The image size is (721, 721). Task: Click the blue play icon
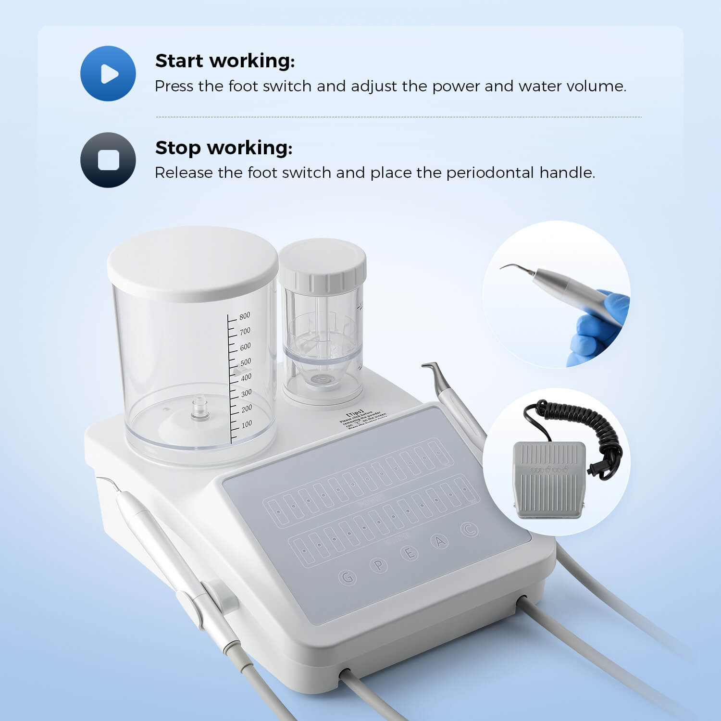(108, 74)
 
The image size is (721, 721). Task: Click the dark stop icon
(108, 160)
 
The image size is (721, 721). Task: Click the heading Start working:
(224, 61)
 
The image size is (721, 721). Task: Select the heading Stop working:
(224, 148)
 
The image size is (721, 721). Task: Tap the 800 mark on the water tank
(245, 316)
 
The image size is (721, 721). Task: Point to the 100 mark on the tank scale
(246, 424)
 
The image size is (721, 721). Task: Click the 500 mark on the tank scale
(245, 362)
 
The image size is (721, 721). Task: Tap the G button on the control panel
(347, 577)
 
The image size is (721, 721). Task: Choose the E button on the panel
(410, 554)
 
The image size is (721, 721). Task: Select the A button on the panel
(440, 542)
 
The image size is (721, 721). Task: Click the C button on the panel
(470, 529)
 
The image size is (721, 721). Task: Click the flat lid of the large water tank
(192, 262)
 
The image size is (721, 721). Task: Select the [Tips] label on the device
(355, 412)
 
